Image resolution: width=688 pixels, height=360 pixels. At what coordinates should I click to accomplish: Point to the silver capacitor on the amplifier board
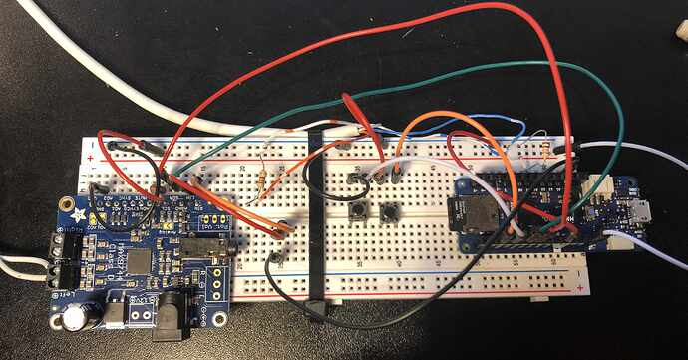click(76, 316)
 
